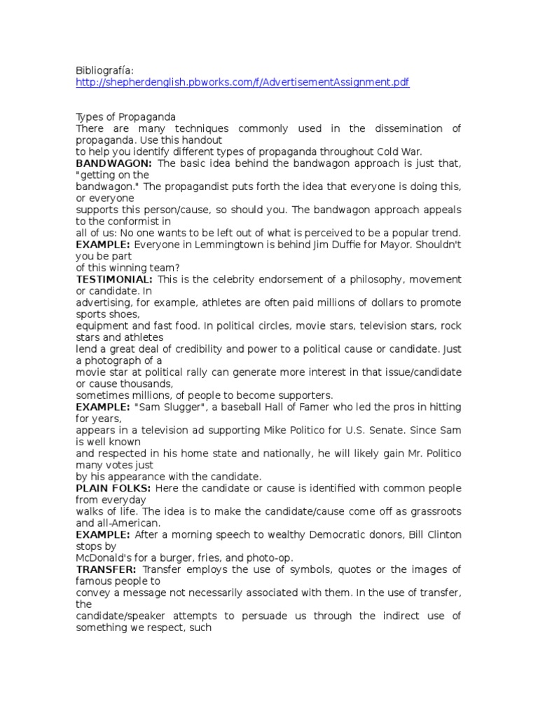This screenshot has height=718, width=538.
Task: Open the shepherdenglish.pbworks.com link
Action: [242, 83]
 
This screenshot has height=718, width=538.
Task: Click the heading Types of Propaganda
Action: [125, 116]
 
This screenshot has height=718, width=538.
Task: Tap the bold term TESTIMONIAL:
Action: [114, 280]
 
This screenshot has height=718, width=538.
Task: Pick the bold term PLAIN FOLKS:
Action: [113, 489]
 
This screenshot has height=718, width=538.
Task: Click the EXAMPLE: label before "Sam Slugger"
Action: [103, 407]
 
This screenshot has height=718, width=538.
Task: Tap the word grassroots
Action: [432, 512]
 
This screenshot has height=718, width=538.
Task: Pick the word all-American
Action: [130, 523]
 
